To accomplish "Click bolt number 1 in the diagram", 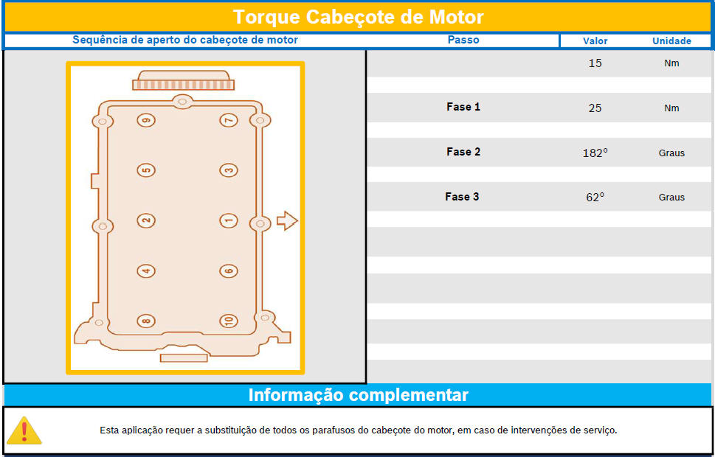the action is click(x=229, y=221).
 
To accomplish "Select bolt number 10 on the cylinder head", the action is click(x=229, y=321).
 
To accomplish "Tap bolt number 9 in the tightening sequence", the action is click(x=146, y=120).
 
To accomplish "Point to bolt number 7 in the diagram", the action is click(x=229, y=120).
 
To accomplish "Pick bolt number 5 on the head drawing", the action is click(x=146, y=170).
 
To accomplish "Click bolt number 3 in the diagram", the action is click(x=229, y=170).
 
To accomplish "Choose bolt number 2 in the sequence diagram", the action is click(x=146, y=221).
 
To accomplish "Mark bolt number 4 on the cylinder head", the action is click(x=146, y=271).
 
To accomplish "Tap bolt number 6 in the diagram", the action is click(x=229, y=271).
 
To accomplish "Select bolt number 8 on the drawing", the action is click(x=146, y=321).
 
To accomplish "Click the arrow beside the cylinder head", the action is click(x=287, y=221).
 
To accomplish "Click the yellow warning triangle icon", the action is click(x=24, y=430).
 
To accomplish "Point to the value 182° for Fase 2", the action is click(x=595, y=153).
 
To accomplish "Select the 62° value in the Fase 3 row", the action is click(x=595, y=198).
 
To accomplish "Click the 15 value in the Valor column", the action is click(x=595, y=63).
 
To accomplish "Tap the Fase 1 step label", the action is click(x=463, y=107).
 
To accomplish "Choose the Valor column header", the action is click(x=595, y=41).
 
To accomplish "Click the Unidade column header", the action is click(x=671, y=41).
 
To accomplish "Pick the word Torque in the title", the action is click(x=267, y=17).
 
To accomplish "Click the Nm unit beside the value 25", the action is click(x=671, y=108).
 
